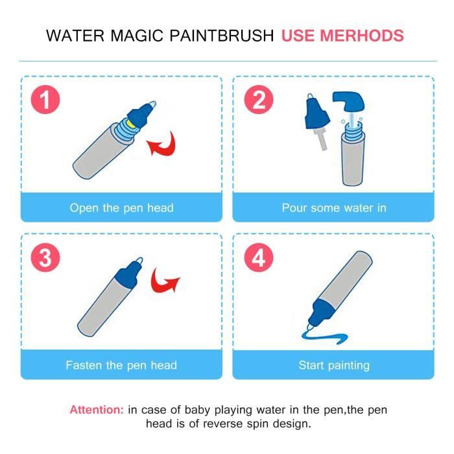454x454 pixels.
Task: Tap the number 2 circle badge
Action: (259, 101)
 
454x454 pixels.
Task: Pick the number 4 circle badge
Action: (259, 258)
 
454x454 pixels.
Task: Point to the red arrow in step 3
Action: (165, 281)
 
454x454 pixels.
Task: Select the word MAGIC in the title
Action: (134, 36)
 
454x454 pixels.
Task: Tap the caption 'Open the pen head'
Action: (121, 208)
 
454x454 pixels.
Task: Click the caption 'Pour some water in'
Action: (333, 208)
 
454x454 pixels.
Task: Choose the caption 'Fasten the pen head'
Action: (121, 365)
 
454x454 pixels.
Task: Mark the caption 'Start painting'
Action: (333, 365)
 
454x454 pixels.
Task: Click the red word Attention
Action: (96, 410)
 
